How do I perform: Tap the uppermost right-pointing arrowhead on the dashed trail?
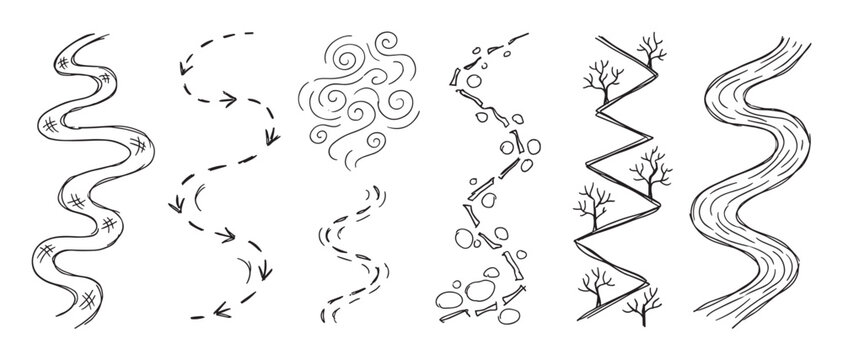pos(229,100)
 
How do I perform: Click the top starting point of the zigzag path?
pos(597,38)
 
